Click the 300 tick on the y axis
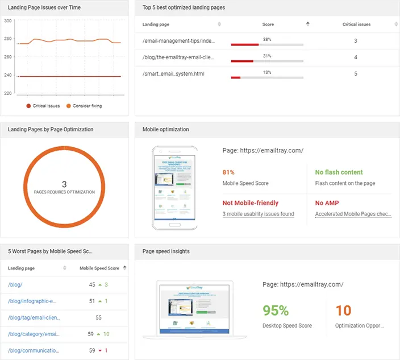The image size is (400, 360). (x=7, y=20)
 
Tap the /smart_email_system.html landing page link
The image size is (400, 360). (x=173, y=74)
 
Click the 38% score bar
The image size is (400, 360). (x=266, y=44)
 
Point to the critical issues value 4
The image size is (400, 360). (x=356, y=57)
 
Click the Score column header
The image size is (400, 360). (x=268, y=24)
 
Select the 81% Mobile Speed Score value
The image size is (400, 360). (x=228, y=172)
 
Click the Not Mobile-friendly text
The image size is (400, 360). (x=250, y=203)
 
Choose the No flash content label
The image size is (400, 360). (x=339, y=172)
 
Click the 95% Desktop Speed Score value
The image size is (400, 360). (x=276, y=311)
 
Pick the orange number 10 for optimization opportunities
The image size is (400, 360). (x=343, y=311)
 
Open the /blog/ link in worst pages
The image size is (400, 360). (x=15, y=284)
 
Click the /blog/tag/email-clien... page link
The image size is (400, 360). (x=34, y=317)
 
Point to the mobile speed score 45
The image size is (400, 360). (x=92, y=284)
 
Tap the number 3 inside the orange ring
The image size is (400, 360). (x=64, y=184)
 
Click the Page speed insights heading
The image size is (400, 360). (x=166, y=251)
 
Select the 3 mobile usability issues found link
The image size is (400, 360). (x=258, y=214)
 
